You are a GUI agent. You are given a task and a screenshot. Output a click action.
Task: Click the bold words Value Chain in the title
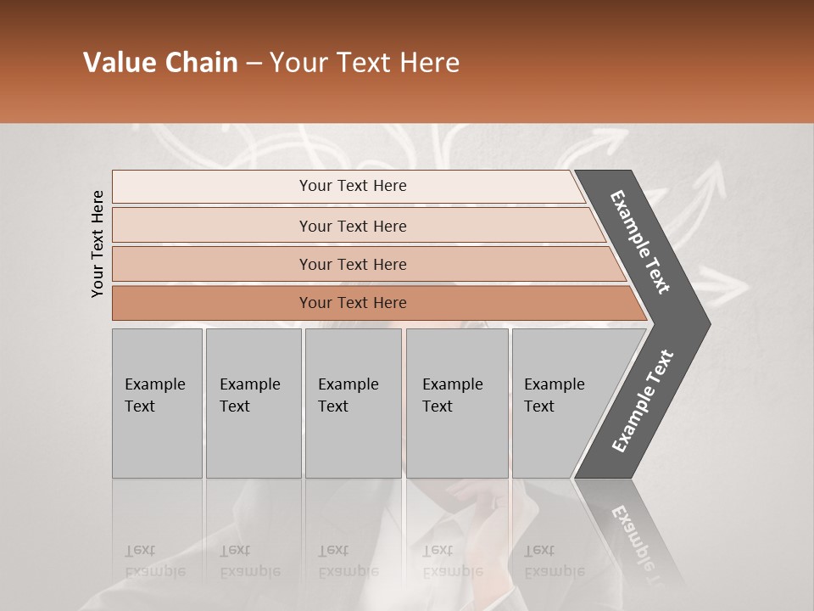tap(160, 63)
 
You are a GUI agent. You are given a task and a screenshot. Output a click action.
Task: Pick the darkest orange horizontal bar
tap(212, 303)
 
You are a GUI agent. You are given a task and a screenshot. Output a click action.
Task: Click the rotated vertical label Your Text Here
tap(98, 244)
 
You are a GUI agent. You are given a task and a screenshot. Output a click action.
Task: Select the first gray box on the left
tap(157, 403)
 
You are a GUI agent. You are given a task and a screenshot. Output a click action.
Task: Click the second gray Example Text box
tap(254, 403)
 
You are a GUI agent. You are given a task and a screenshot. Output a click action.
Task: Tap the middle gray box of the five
tap(353, 403)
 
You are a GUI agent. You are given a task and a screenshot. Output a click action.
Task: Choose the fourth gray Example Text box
tap(457, 403)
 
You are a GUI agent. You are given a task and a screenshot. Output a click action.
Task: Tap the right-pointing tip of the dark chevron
tap(700, 324)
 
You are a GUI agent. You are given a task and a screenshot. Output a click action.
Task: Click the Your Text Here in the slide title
tap(365, 63)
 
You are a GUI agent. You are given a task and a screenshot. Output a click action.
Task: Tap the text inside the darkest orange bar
tap(353, 303)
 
